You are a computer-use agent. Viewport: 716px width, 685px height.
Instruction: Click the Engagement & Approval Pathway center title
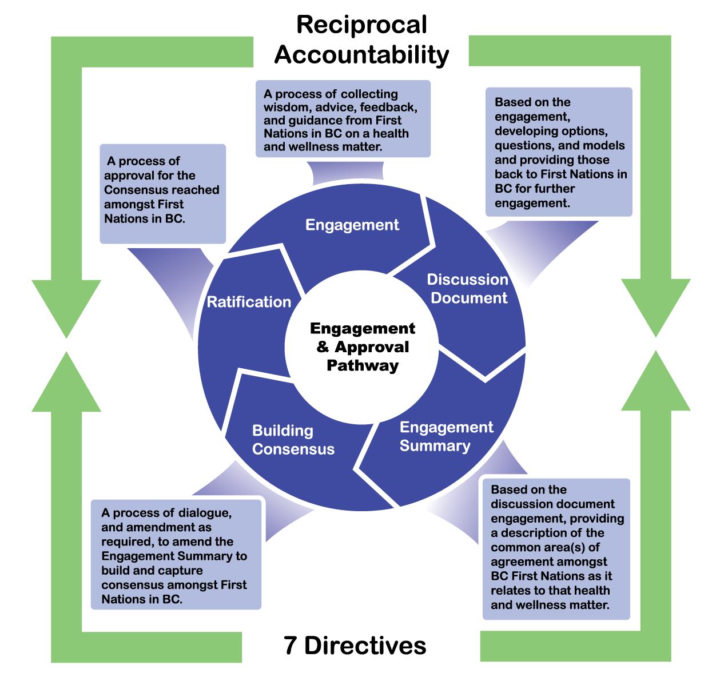[363, 347]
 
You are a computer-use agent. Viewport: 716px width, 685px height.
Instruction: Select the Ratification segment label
[249, 302]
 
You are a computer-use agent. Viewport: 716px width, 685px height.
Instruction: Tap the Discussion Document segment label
[468, 289]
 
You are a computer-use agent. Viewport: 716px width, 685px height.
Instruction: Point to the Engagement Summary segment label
[446, 436]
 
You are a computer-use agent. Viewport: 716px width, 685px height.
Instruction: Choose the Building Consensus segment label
[293, 440]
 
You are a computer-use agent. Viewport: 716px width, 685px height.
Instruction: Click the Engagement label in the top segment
[352, 225]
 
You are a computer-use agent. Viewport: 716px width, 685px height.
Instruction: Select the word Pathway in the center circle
[363, 366]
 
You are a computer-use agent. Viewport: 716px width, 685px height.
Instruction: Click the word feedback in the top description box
[388, 107]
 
